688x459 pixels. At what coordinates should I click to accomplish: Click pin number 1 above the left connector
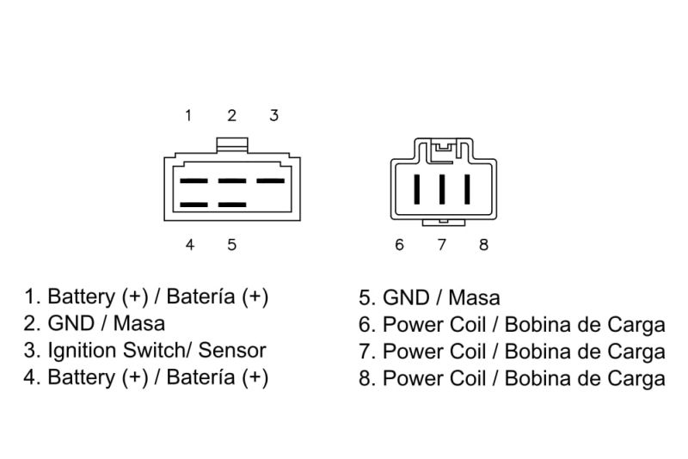click(188, 116)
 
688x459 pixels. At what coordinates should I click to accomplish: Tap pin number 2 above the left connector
click(231, 116)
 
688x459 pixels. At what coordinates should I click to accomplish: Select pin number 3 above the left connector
click(274, 116)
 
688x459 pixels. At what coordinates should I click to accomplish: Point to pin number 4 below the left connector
click(189, 245)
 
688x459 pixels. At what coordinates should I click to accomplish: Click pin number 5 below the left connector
click(232, 245)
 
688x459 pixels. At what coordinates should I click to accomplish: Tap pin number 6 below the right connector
click(399, 245)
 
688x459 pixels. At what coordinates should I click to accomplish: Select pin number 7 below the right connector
click(442, 245)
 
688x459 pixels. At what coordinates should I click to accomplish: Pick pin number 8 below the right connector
click(483, 245)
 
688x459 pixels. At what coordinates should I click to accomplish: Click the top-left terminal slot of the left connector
click(193, 181)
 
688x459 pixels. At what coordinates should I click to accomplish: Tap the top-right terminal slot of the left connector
click(270, 181)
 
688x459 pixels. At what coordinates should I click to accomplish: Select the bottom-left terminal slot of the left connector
click(193, 205)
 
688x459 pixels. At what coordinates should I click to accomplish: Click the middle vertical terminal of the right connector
click(442, 189)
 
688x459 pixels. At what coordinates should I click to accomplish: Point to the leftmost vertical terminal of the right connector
click(417, 189)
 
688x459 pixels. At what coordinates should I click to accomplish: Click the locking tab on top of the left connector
click(232, 145)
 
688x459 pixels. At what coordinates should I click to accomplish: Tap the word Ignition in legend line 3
click(83, 352)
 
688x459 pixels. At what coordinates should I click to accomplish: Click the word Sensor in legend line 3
click(232, 351)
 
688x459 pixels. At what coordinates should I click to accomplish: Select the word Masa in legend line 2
click(139, 323)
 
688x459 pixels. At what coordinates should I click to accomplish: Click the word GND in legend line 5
click(406, 297)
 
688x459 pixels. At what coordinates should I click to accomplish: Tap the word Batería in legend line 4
click(200, 377)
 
